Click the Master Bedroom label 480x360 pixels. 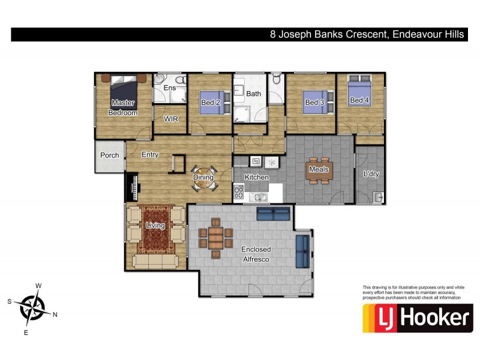[123, 107]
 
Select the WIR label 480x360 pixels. [171, 119]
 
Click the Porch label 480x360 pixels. [109, 155]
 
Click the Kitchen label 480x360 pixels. [256, 178]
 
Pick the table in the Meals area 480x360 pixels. [319, 169]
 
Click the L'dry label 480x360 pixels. [371, 174]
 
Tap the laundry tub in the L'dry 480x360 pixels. [378, 197]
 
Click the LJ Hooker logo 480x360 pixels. [418, 318]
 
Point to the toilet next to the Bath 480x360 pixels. [276, 80]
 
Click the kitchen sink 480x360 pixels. [260, 196]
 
